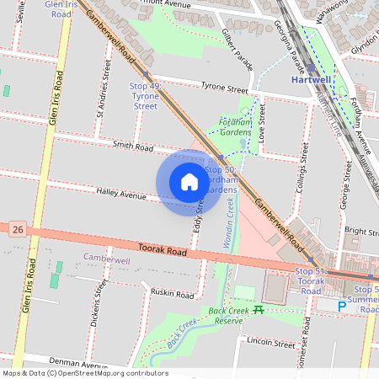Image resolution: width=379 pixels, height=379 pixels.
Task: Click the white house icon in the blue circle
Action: coord(189,182)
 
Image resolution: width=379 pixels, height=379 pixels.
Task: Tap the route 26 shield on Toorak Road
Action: coord(18,229)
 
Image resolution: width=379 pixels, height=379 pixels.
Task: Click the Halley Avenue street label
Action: coord(121,194)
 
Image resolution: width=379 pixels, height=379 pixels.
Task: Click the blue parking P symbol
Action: coord(342,307)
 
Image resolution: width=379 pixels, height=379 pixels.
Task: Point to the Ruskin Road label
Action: coord(172,292)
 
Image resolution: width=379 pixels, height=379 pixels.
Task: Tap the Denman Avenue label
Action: coord(68,359)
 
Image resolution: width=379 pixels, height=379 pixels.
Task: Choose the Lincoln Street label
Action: coord(271,343)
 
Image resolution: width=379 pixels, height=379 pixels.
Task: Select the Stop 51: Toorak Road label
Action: coord(310,280)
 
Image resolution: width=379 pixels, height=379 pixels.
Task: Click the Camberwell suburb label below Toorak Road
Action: coord(106,260)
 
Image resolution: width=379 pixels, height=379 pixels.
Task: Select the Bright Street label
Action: coord(360,231)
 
